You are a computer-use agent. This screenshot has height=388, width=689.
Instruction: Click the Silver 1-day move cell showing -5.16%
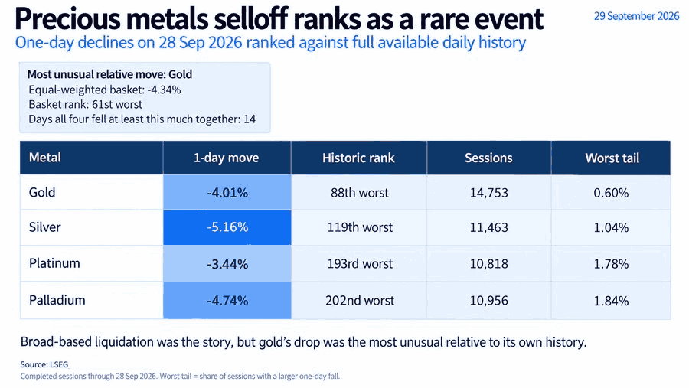point(227,227)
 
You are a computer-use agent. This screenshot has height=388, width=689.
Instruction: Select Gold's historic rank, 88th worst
point(360,192)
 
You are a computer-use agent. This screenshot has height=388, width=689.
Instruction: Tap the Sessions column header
point(488,158)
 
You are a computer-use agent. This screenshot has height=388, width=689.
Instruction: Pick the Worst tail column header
point(612,158)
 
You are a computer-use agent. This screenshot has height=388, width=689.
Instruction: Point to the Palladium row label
point(57,300)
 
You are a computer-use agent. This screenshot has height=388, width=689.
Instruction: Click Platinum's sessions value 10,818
point(488,264)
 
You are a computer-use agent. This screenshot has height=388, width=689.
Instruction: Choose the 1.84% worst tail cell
point(611,301)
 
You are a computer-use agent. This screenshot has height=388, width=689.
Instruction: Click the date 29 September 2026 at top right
point(636,16)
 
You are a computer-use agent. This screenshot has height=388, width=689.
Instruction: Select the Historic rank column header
point(358,158)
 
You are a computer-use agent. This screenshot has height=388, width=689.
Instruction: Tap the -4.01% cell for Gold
point(227,192)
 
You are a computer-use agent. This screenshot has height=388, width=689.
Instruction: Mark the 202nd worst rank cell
point(360,301)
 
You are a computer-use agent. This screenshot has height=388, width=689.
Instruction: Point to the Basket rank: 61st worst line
point(85,105)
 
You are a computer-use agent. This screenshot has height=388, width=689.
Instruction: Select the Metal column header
point(45,158)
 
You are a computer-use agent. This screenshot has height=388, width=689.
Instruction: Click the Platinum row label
point(54,263)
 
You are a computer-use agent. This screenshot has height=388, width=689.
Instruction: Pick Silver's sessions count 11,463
point(488,227)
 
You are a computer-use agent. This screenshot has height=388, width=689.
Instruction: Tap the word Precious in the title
point(67,19)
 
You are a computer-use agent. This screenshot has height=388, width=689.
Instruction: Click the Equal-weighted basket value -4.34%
point(164,90)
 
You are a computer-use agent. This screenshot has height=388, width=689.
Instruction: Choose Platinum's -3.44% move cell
point(227,264)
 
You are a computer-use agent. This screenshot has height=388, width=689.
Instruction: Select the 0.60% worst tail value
point(611,192)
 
